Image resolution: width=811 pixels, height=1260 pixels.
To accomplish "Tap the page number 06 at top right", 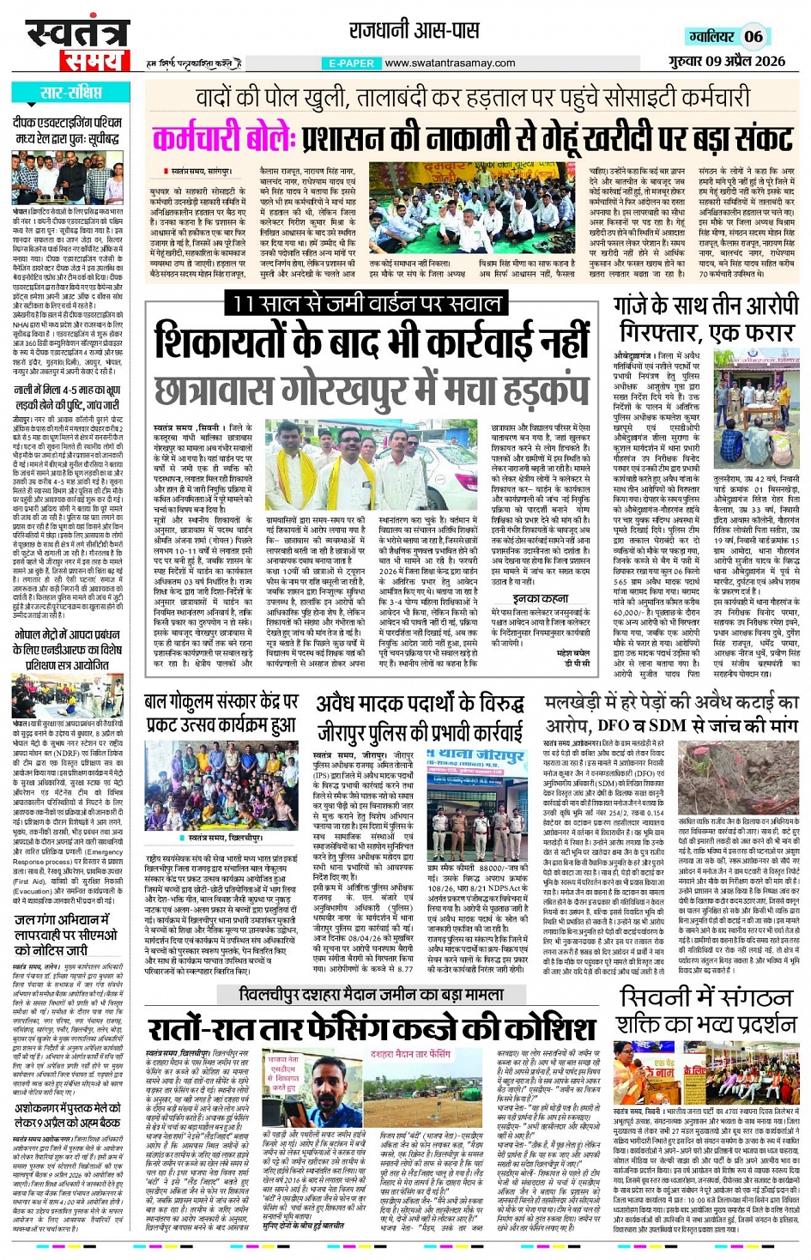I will pos(754,36).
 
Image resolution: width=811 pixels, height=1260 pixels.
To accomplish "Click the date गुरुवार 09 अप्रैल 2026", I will pos(727,61).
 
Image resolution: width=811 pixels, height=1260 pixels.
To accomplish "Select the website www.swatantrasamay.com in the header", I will pos(450,63).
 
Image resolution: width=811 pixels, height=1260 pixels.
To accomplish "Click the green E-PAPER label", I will pos(352,64).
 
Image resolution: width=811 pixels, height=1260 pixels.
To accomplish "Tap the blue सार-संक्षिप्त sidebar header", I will pos(71,93).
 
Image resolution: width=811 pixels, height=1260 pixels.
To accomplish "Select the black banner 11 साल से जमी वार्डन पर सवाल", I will pos(367,303).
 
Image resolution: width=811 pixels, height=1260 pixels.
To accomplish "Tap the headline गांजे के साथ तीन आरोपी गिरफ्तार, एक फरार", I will pos(706,319).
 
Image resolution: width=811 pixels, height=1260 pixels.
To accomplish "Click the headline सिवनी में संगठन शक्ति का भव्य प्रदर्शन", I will pos(706,1011).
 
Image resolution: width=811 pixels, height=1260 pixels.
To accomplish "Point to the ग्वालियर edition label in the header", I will pos(711,36).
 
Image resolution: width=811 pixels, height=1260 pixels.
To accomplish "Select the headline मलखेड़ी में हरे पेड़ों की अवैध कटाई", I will pos(672,702).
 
